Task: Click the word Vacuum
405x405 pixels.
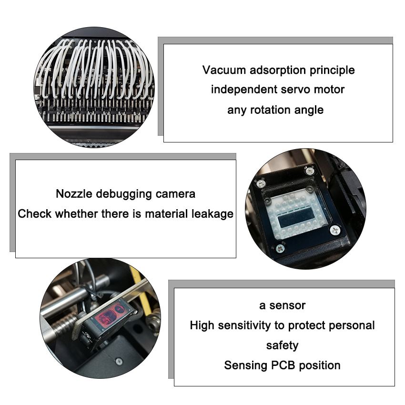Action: pyautogui.click(x=223, y=70)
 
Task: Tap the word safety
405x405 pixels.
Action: pyautogui.click(x=283, y=345)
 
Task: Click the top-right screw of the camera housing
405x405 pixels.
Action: pyautogui.click(x=309, y=171)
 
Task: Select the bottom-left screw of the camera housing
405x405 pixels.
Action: pyautogui.click(x=281, y=248)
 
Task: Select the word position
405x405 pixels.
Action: pyautogui.click(x=320, y=366)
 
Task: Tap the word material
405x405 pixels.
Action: pyautogui.click(x=166, y=214)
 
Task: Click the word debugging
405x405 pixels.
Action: pyautogui.click(x=124, y=194)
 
